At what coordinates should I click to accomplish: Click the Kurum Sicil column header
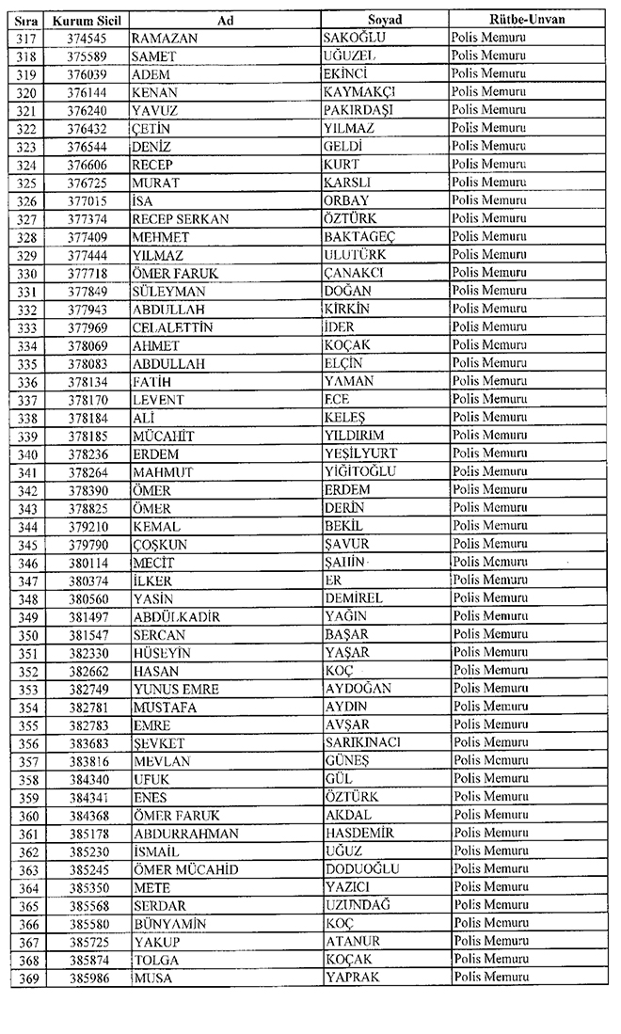[x=90, y=20]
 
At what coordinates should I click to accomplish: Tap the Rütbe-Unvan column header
[x=526, y=20]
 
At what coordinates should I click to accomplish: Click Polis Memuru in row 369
[x=490, y=978]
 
